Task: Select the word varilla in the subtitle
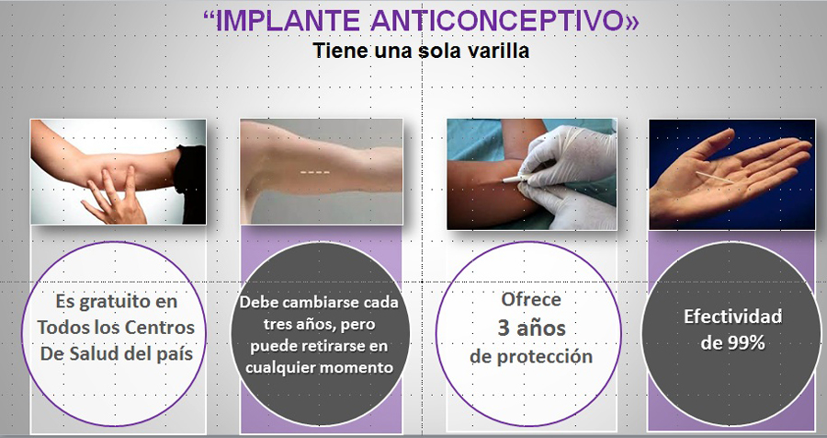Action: pos(499,51)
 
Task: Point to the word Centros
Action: pos(160,328)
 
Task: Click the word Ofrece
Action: pos(531,299)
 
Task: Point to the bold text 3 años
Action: pos(532,328)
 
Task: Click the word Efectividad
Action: pos(732,317)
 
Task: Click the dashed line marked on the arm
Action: pos(315,172)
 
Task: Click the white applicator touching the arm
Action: pos(512,179)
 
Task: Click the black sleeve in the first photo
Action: pos(190,182)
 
